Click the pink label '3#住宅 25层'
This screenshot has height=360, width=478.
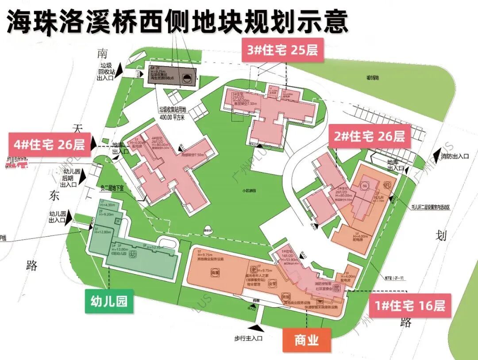tap(282, 50)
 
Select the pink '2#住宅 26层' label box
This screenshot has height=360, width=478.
tap(370, 136)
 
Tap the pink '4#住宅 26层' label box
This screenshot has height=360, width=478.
tap(49, 145)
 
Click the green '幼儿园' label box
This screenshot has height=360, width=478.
tap(109, 302)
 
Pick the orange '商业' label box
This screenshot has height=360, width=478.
tap(306, 340)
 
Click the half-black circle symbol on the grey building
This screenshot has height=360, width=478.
tap(188, 80)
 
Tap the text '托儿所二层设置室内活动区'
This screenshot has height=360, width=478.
tap(427, 207)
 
